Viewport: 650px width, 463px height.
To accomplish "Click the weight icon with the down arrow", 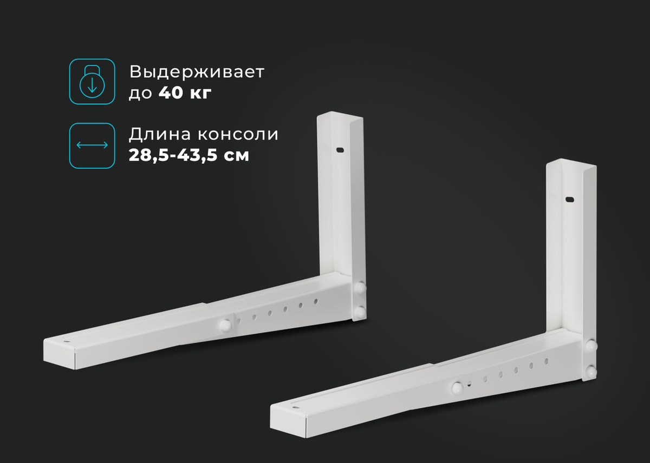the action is coord(92,82).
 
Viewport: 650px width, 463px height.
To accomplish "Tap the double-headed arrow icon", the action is coord(92,145).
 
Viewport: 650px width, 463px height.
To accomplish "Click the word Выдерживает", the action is coord(197,71).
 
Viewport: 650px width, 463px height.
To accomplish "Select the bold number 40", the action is coord(171,92).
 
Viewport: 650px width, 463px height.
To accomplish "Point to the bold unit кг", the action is coord(201,94).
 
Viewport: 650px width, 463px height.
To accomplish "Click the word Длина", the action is coord(160,135).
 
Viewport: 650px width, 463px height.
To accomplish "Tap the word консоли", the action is coord(238,135).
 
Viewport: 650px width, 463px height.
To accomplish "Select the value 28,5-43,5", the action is coord(173,155).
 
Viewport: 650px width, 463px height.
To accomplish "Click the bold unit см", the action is coord(236,156).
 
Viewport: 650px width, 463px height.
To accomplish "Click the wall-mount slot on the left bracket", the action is coord(340,150).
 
